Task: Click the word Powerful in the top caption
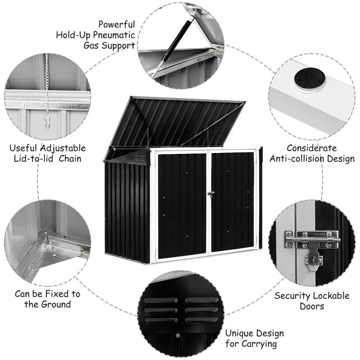click(117, 24)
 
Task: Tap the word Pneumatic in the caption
click(114, 35)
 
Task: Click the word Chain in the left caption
click(71, 158)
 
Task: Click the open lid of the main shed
click(175, 121)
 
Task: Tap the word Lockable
click(331, 296)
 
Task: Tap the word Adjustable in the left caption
click(61, 148)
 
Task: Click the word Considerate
click(311, 148)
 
